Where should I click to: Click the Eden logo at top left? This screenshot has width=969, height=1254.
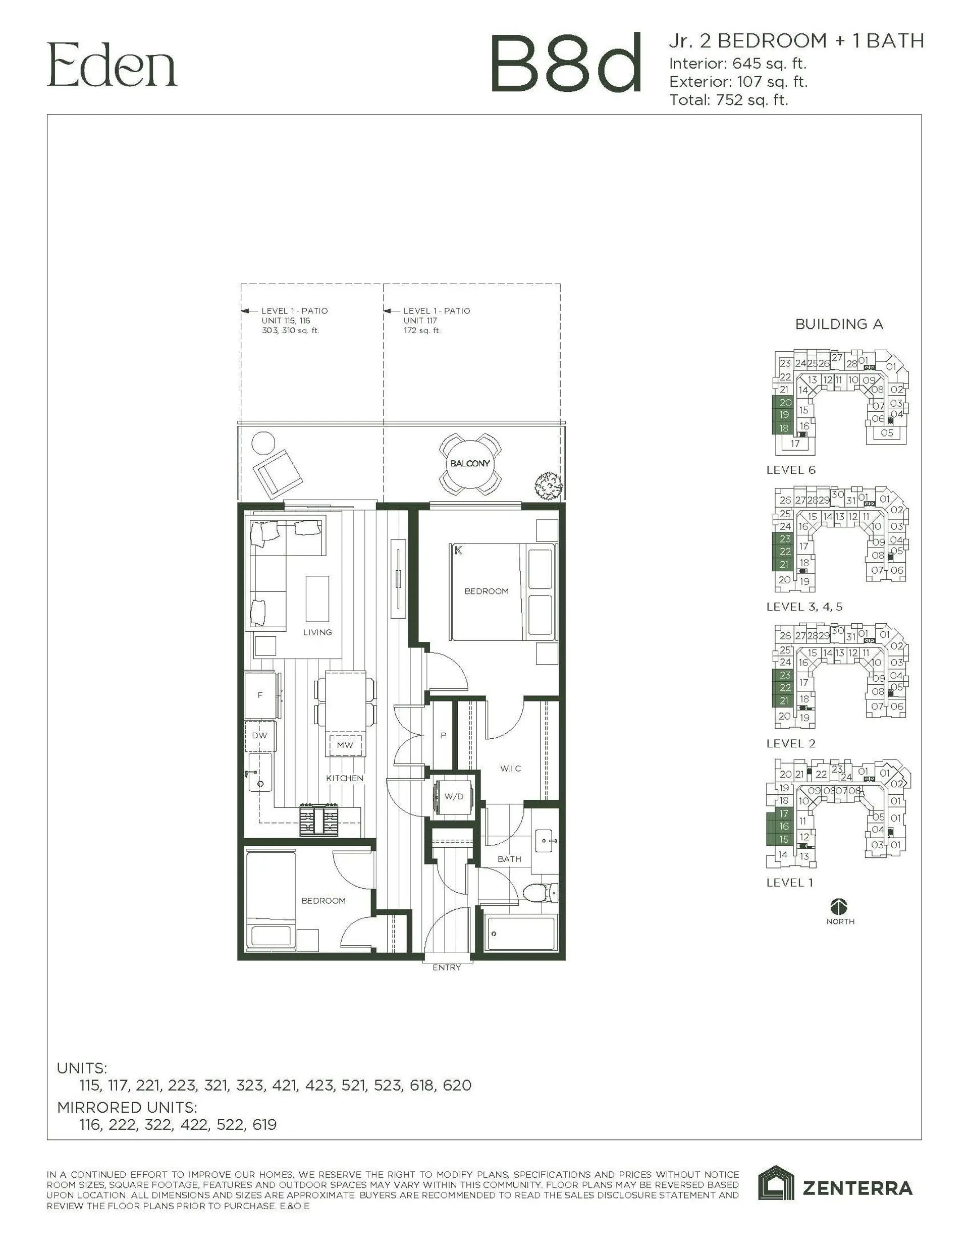click(112, 66)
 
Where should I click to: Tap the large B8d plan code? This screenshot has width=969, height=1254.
click(565, 64)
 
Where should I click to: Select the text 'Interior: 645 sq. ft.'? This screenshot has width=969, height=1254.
click(737, 63)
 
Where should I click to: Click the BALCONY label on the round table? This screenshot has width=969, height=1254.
click(470, 463)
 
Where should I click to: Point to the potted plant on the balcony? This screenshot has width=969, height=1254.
click(548, 485)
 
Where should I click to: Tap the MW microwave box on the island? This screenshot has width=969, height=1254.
click(345, 745)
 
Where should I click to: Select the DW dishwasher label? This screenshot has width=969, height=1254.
click(259, 736)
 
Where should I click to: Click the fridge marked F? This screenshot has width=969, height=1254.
click(260, 695)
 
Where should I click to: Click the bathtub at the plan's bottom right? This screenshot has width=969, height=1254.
click(520, 934)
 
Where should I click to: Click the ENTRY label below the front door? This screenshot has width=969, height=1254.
click(446, 967)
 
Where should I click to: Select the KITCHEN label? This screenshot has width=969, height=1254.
click(345, 778)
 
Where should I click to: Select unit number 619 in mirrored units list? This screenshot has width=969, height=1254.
click(264, 1124)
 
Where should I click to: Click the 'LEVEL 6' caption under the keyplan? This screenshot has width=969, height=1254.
click(790, 470)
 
